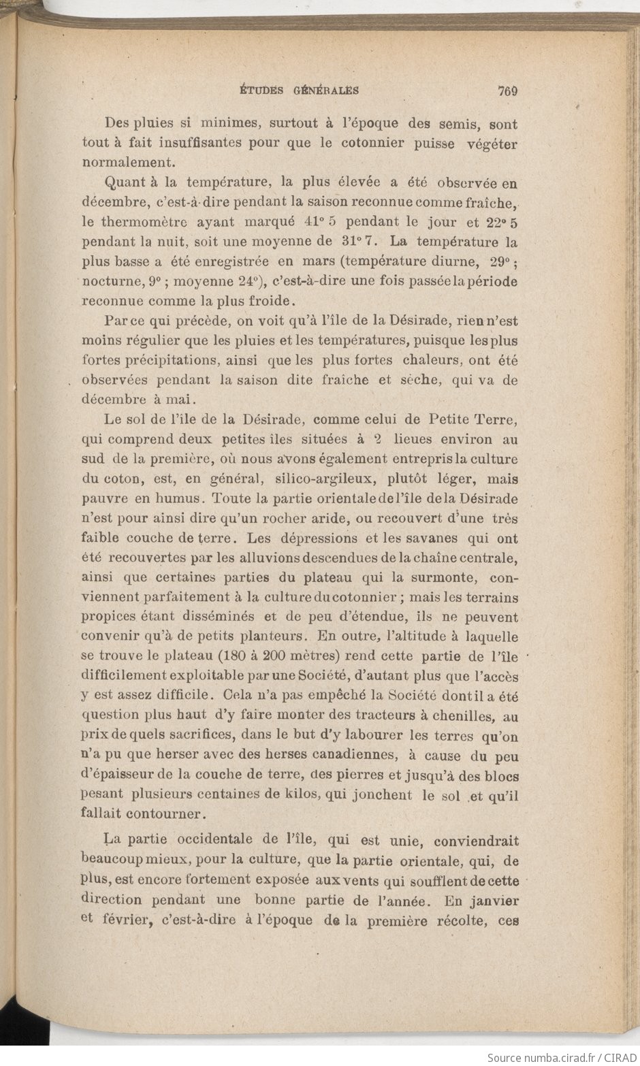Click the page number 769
tap(509, 90)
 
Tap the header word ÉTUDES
tap(263, 90)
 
